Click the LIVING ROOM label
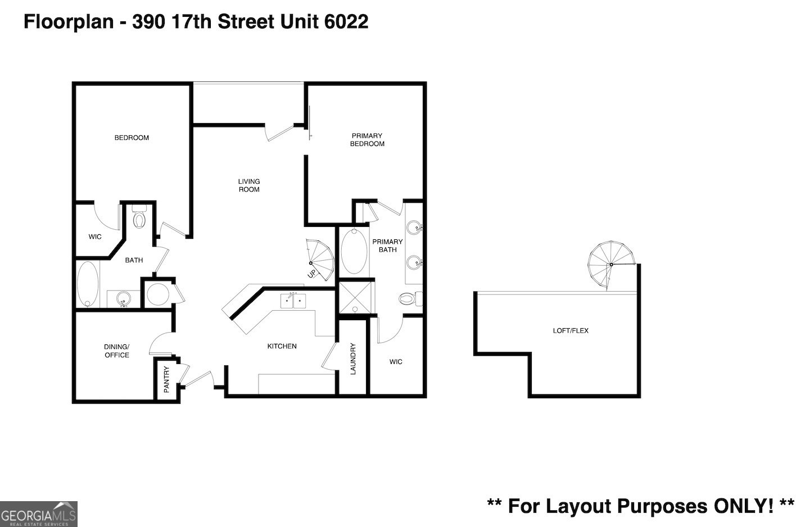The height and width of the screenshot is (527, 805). tap(249, 185)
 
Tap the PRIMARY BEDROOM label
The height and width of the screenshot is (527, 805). tap(367, 139)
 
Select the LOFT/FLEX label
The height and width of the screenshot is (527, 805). tap(571, 330)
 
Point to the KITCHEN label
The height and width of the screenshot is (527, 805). tap(282, 346)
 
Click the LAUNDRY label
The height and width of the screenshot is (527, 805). tap(353, 359)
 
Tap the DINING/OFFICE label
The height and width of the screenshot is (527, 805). tap(117, 351)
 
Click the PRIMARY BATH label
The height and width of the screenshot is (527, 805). tap(387, 246)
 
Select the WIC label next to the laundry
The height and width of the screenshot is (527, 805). tap(396, 361)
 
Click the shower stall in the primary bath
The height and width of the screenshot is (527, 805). tap(355, 298)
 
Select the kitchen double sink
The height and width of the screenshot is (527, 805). tap(293, 301)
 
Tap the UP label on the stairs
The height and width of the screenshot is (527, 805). tap(311, 274)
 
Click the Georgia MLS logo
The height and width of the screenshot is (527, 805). tap(39, 514)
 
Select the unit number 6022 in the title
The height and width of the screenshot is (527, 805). tap(346, 22)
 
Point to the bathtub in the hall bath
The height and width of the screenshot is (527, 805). tap(87, 284)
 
